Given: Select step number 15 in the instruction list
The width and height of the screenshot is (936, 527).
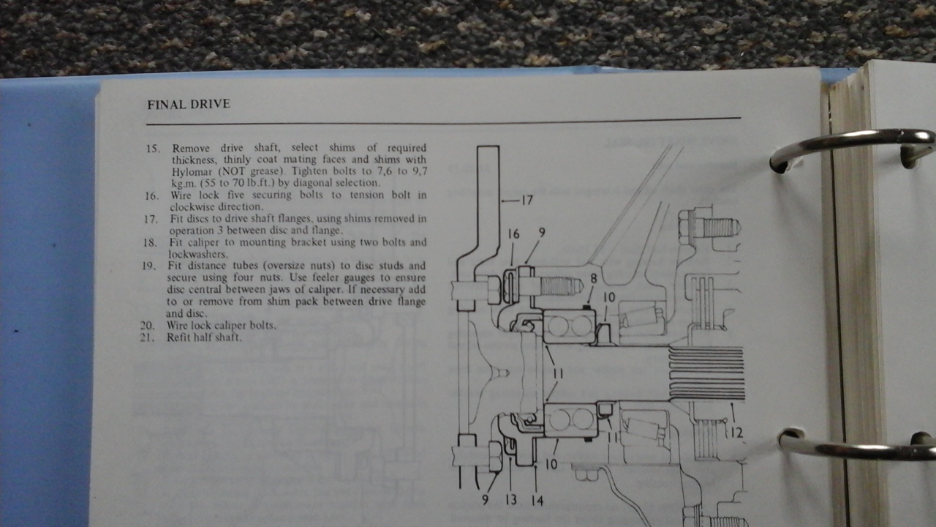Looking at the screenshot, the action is pyautogui.click(x=153, y=149).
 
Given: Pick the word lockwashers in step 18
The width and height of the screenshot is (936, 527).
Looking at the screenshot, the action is pyautogui.click(x=197, y=254).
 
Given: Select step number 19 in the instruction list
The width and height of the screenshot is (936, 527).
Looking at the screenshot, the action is pyautogui.click(x=148, y=266).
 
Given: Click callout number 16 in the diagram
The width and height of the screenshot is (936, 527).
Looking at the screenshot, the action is pyautogui.click(x=513, y=234).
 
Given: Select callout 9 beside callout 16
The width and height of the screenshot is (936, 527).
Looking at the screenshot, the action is pyautogui.click(x=542, y=232).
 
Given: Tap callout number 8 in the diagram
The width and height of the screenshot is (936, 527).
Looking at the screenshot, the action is pyautogui.click(x=593, y=279).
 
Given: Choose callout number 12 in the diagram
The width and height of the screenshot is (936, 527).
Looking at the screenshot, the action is pyautogui.click(x=736, y=433).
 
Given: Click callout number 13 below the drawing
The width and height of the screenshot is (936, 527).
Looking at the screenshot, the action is pyautogui.click(x=510, y=500).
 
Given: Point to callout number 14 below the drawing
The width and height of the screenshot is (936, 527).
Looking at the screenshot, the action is pyautogui.click(x=537, y=500).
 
